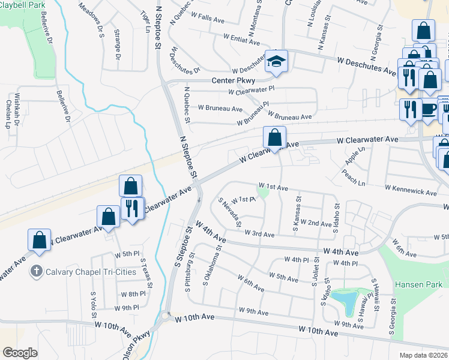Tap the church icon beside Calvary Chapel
[38, 271]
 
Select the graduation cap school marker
[277, 61]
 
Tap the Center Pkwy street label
[234, 80]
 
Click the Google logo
[20, 352]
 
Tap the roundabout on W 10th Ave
[166, 316]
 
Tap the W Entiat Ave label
[241, 38]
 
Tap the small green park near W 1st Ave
[262, 192]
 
